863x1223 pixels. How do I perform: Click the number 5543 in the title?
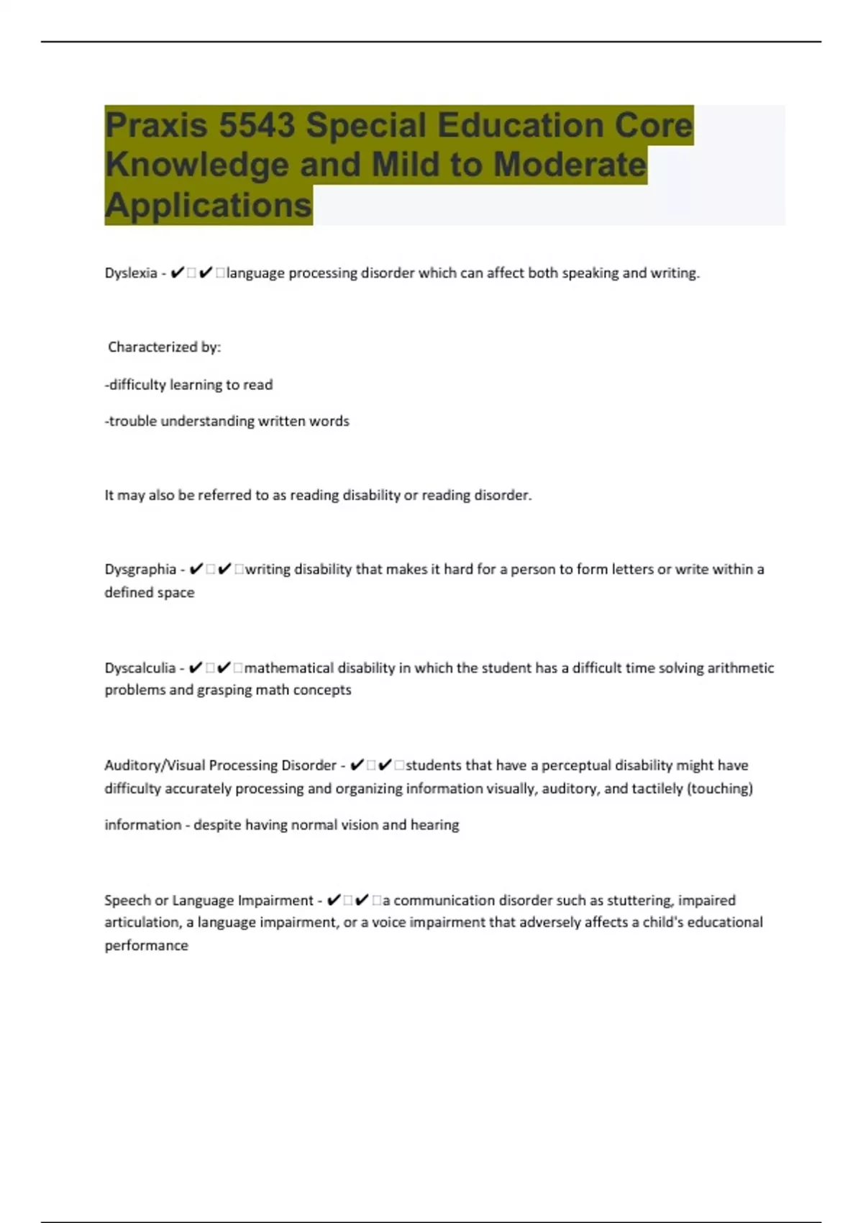pyautogui.click(x=257, y=126)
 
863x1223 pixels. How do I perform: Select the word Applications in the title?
pyautogui.click(x=209, y=205)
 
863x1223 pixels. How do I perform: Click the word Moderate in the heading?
pyautogui.click(x=570, y=165)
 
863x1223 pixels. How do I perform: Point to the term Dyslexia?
pyautogui.click(x=131, y=273)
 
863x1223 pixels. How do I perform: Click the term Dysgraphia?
pyautogui.click(x=140, y=570)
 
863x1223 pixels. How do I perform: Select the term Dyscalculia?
pyautogui.click(x=140, y=668)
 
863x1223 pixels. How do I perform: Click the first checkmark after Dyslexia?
pyautogui.click(x=178, y=273)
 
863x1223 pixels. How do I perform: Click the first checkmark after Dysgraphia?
pyautogui.click(x=196, y=570)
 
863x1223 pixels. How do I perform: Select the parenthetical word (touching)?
pyautogui.click(x=720, y=789)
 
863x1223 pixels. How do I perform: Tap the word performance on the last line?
pyautogui.click(x=146, y=946)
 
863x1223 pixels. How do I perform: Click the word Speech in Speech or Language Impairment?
pyautogui.click(x=127, y=901)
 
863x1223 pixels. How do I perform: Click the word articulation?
pyautogui.click(x=141, y=923)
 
